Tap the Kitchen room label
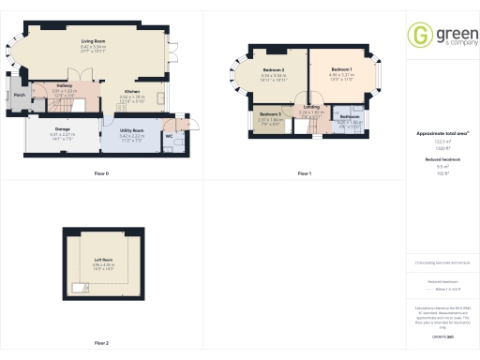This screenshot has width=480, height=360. pos(131,91)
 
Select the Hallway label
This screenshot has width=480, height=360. pos(65,85)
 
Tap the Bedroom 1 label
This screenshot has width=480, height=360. pos(340,70)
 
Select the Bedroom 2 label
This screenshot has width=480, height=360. pos(274,70)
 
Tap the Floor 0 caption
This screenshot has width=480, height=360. pos(101,174)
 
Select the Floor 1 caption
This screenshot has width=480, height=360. pos(304,174)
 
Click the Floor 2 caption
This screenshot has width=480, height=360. pos(101,344)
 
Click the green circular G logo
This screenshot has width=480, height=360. pos(419,36)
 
